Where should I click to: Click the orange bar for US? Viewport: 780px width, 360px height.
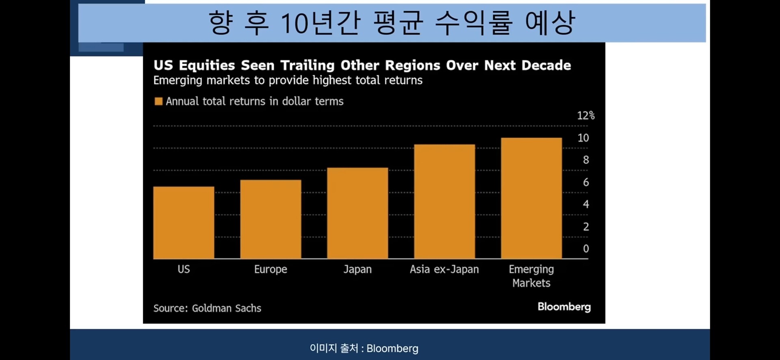(184, 222)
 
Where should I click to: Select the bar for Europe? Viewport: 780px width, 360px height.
(271, 219)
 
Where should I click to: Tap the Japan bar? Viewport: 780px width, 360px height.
(357, 213)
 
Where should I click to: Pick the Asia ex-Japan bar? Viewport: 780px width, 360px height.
(444, 201)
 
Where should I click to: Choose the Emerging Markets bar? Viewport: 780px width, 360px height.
(531, 198)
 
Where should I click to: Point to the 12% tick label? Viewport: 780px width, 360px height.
(585, 116)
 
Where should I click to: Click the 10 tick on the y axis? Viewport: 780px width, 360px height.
(583, 138)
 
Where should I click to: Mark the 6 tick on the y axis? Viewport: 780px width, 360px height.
(586, 182)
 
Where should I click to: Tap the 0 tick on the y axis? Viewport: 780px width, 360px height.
(586, 249)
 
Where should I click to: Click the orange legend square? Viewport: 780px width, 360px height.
(158, 101)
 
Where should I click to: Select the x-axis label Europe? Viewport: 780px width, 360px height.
(271, 269)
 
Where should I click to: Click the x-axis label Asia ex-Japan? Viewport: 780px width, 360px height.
(444, 269)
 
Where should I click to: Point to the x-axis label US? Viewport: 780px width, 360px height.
(184, 269)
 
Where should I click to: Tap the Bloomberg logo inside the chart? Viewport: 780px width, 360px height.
(564, 307)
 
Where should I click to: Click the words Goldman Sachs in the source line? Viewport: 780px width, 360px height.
(226, 308)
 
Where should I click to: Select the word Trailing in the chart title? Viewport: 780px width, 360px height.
(308, 65)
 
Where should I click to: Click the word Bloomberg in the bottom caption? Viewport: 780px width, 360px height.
(392, 349)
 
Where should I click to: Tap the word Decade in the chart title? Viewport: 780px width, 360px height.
(546, 65)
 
